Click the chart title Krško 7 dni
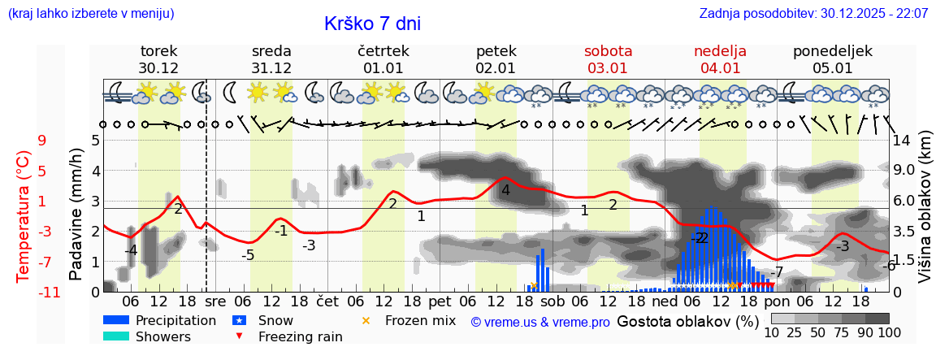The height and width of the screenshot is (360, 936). point(372,24)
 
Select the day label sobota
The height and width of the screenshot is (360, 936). point(608,51)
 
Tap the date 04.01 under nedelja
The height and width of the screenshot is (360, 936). point(720,68)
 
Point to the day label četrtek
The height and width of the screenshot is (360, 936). point(383,51)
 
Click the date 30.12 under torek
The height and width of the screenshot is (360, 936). point(158,68)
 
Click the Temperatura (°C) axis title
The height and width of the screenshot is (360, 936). point(24,216)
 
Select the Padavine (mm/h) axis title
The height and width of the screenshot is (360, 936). point(76,215)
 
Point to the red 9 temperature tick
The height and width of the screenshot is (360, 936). point(42,140)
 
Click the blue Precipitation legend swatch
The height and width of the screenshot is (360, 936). point(116,320)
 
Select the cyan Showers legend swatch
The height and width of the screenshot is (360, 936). point(116,336)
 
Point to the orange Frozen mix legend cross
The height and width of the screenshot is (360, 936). point(366,320)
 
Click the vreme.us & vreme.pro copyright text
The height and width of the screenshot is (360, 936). point(540,322)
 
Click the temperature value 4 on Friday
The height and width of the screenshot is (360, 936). point(505,190)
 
